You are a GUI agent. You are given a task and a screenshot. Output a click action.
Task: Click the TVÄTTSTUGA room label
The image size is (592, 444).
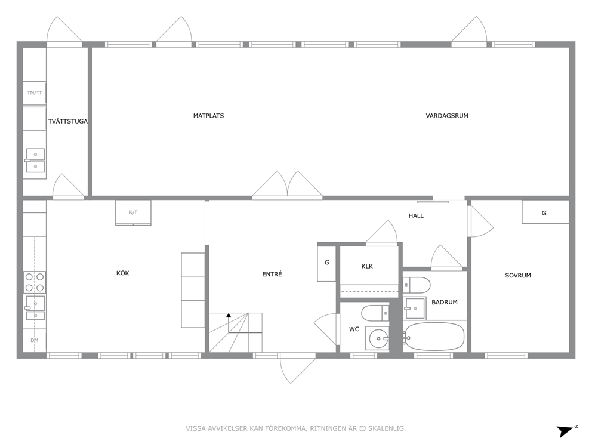tap(68, 121)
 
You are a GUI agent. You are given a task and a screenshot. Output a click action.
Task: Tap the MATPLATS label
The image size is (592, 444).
tap(208, 116)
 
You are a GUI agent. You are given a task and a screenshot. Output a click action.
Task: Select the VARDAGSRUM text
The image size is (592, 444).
tap(447, 116)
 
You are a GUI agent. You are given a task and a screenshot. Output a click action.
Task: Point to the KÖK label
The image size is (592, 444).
tap(123, 273)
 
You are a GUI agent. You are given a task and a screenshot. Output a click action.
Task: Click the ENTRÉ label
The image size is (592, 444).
tap(272, 274)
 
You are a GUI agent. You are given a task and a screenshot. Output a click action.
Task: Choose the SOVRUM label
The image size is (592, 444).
tap(518, 275)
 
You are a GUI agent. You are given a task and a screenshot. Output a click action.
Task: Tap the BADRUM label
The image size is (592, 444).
tap(445, 302)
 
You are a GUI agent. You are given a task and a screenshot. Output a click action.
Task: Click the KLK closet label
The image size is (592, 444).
tap(367, 266)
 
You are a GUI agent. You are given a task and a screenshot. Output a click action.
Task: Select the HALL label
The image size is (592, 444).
tap(416, 215)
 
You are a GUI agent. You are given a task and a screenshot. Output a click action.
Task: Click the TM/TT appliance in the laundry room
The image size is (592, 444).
tap(35, 93)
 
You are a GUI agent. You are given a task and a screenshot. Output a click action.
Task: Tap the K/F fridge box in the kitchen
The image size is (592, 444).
tap(133, 212)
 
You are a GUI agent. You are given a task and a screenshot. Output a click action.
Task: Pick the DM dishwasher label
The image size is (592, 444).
tap(35, 340)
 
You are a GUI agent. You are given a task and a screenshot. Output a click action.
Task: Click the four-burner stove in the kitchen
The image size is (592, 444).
tap(35, 282)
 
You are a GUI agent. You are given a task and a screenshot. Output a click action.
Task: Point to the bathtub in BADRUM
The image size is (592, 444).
tap(433, 337)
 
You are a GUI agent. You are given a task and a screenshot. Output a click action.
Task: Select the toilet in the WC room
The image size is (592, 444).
tap(375, 313)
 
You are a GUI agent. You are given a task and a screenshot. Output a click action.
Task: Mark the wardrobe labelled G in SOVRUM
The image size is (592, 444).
tap(545, 212)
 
